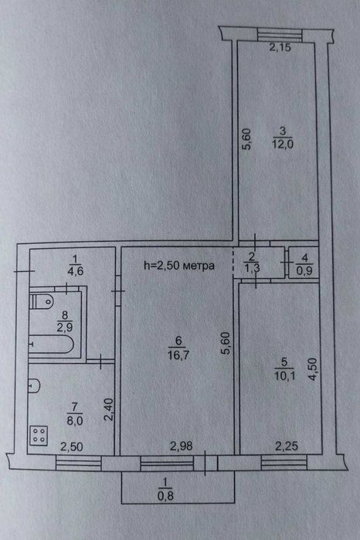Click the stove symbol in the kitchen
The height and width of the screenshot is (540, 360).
(39, 435)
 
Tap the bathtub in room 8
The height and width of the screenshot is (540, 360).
(51, 345)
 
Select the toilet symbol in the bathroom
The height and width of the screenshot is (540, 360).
(42, 302)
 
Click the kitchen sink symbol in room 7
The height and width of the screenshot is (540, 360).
(34, 385)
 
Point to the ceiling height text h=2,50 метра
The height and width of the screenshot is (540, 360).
(179, 265)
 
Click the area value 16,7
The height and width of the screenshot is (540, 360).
(178, 355)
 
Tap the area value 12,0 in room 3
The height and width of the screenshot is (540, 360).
(283, 144)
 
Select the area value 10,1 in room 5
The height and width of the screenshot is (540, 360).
(284, 375)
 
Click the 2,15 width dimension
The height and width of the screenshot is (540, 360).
(280, 48)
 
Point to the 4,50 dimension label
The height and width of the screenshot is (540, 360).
(312, 368)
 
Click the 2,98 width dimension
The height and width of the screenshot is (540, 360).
(182, 446)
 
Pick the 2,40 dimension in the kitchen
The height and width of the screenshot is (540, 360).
(108, 409)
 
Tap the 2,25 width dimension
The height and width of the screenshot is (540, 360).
(287, 447)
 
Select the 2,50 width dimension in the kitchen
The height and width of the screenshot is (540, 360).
(72, 447)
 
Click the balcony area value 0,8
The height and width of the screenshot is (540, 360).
(165, 496)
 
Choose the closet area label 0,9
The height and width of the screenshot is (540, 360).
(304, 270)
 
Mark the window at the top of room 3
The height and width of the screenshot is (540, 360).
(280, 35)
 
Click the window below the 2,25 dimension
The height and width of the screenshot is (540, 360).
(284, 463)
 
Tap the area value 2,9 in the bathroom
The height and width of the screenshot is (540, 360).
(65, 327)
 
